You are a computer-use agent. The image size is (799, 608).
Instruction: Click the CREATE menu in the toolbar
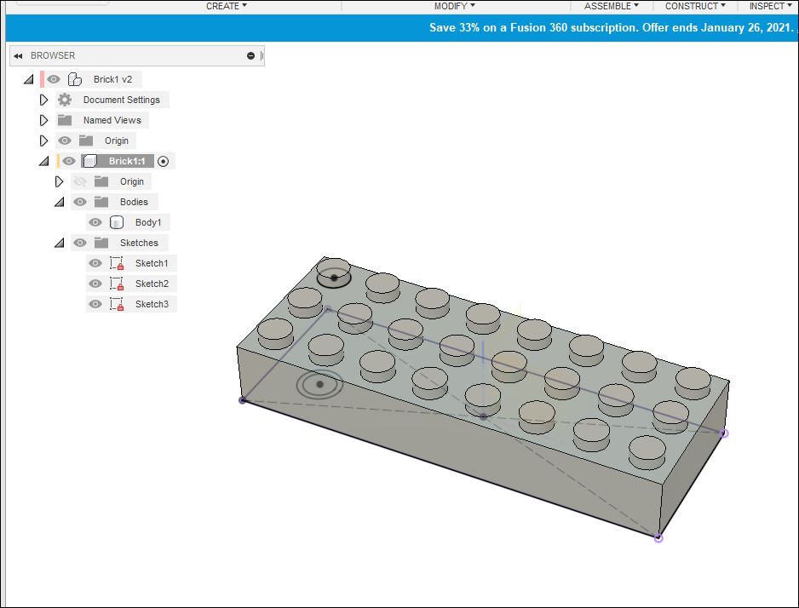tap(226, 6)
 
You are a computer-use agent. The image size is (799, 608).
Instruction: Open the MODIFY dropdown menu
tap(455, 6)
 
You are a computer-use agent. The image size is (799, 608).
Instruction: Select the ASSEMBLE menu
tap(611, 6)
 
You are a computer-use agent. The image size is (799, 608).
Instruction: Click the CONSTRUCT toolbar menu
tap(695, 6)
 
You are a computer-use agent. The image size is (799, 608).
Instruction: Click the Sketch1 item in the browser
tap(152, 263)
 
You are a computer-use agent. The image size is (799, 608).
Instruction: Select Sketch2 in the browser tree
tap(152, 284)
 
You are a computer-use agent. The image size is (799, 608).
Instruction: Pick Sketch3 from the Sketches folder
tap(152, 304)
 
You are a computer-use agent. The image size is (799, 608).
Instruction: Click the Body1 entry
tap(147, 222)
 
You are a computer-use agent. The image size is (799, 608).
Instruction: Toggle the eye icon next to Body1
tap(95, 222)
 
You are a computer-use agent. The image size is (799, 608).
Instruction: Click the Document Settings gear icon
tap(65, 100)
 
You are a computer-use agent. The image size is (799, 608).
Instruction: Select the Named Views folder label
tap(112, 120)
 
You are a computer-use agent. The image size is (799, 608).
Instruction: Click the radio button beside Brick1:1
tap(164, 161)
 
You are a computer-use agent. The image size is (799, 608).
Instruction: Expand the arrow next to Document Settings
tap(44, 100)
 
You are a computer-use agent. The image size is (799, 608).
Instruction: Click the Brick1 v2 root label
tap(112, 79)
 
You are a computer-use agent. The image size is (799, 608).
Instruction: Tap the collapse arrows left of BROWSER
tap(18, 56)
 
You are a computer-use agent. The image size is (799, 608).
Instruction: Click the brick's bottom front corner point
tap(658, 538)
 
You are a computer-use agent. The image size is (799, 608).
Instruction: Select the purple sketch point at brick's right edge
tap(724, 433)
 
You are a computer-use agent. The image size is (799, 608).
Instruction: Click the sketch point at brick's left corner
tap(243, 399)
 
